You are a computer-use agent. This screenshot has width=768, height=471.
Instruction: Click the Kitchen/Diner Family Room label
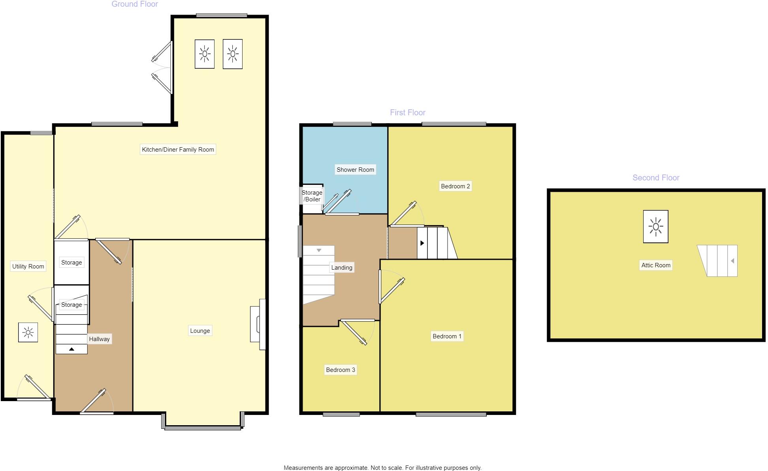click(178, 149)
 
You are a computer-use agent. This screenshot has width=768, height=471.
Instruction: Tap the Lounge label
click(200, 331)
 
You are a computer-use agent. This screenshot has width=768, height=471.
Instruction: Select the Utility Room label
click(28, 266)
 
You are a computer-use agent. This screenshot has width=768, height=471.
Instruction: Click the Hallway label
click(99, 339)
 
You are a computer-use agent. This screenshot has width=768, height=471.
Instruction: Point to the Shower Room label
click(355, 170)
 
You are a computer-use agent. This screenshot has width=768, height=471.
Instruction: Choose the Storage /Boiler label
click(312, 196)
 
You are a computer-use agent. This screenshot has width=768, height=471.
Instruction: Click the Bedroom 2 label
click(455, 186)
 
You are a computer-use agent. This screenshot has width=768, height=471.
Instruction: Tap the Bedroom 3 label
click(340, 370)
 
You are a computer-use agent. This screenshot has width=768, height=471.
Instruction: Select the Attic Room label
click(656, 265)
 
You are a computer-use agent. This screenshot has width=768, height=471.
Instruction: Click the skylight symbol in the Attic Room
click(656, 227)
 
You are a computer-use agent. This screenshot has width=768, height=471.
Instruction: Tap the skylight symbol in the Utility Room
click(28, 332)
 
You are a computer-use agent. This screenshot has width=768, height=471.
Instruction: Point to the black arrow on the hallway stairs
click(72, 349)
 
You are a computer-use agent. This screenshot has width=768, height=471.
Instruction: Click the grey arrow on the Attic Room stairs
click(732, 261)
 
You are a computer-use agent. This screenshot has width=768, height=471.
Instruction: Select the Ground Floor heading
click(135, 4)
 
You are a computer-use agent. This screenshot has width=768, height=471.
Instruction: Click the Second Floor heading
click(656, 178)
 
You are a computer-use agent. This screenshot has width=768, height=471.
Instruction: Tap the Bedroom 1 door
click(392, 291)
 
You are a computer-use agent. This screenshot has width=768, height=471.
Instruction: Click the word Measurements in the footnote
click(303, 468)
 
